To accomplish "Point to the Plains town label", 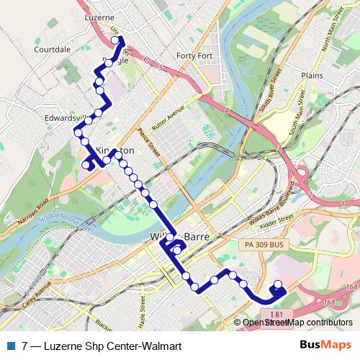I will [x=312, y=74].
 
